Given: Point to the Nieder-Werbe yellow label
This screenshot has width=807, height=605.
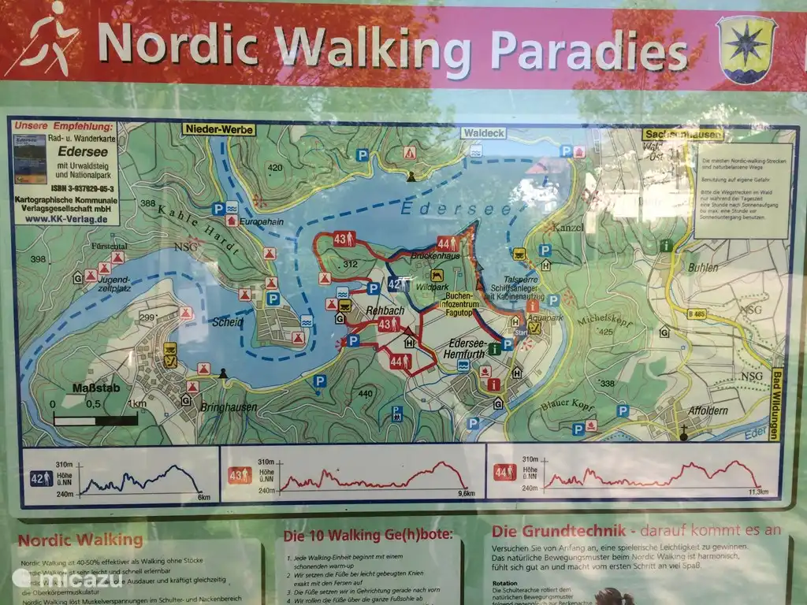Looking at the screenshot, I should tap(219, 129).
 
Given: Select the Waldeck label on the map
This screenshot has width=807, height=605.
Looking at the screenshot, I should tap(483, 133).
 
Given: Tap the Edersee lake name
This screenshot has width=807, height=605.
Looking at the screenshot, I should tap(444, 209).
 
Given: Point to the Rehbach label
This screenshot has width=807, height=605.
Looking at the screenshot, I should tap(386, 311).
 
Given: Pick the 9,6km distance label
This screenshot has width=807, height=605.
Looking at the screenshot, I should tap(466, 494).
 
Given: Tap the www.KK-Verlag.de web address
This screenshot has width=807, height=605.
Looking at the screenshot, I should tap(65, 220).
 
